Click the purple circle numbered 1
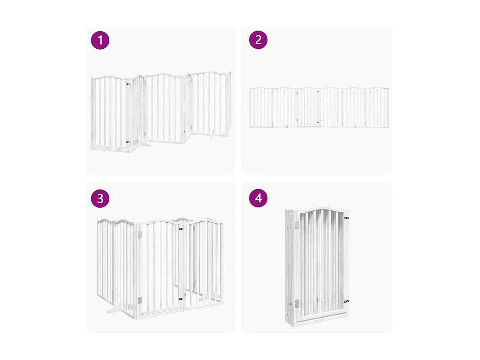click(x=100, y=41)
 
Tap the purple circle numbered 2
click(x=258, y=40)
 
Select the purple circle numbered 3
click(x=100, y=198)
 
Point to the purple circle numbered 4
click(x=258, y=198)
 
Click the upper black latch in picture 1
click(x=128, y=84)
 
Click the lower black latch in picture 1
click(x=128, y=142)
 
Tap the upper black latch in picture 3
click(x=181, y=229)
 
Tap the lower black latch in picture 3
click(x=181, y=299)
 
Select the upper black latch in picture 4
click(x=346, y=218)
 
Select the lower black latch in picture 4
click(x=346, y=301)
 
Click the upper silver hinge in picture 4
click(x=297, y=225)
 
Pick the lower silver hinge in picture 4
click(x=297, y=304)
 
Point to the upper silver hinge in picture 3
click(x=139, y=234)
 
